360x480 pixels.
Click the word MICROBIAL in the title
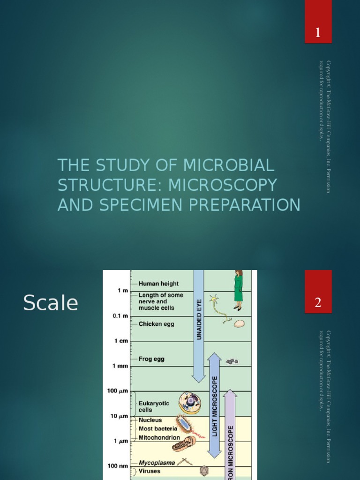click(229, 165)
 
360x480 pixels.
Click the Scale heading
click(51, 303)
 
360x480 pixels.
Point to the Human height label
click(158, 284)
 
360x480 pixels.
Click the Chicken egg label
click(157, 324)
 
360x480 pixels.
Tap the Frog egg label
click(151, 359)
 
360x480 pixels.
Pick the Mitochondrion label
click(159, 438)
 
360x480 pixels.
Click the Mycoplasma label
click(157, 463)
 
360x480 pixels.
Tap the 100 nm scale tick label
click(119, 466)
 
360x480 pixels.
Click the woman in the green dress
click(238, 291)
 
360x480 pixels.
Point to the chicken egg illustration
click(239, 323)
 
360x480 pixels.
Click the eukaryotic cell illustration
click(190, 403)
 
